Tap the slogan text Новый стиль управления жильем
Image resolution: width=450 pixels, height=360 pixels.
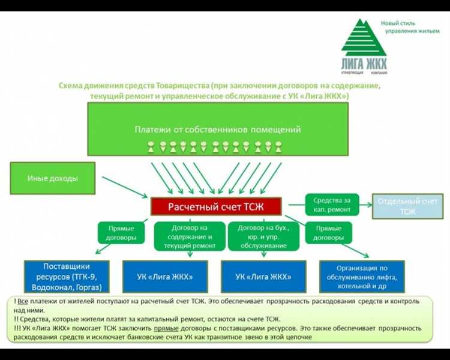(x=406, y=27)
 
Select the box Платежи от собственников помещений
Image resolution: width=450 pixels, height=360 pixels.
(x=217, y=130)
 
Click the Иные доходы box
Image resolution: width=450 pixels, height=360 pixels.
(x=53, y=178)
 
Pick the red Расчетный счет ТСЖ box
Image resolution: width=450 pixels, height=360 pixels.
(x=216, y=207)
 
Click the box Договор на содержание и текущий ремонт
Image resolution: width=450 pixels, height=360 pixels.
(x=189, y=236)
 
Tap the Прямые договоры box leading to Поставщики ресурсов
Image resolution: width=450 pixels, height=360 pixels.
(x=121, y=233)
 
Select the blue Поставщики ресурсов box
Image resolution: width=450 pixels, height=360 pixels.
(x=67, y=277)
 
